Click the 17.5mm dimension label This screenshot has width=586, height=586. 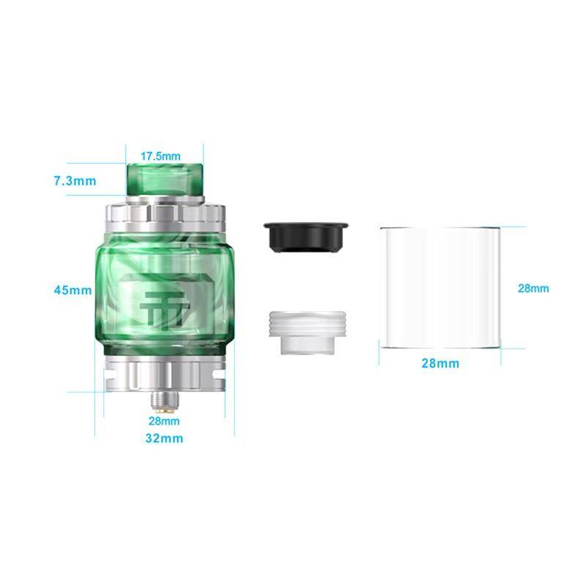tap(160, 156)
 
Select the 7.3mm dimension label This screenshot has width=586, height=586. tap(75, 181)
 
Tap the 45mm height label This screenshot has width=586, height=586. tap(73, 290)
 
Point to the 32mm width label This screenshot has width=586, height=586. tap(164, 438)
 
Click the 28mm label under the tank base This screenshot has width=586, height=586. tap(164, 421)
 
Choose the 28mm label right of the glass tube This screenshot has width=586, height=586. tap(533, 288)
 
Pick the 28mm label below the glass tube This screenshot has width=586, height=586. tap(440, 363)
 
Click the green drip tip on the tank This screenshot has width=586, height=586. tap(165, 179)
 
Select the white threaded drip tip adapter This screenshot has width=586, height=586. tap(306, 333)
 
